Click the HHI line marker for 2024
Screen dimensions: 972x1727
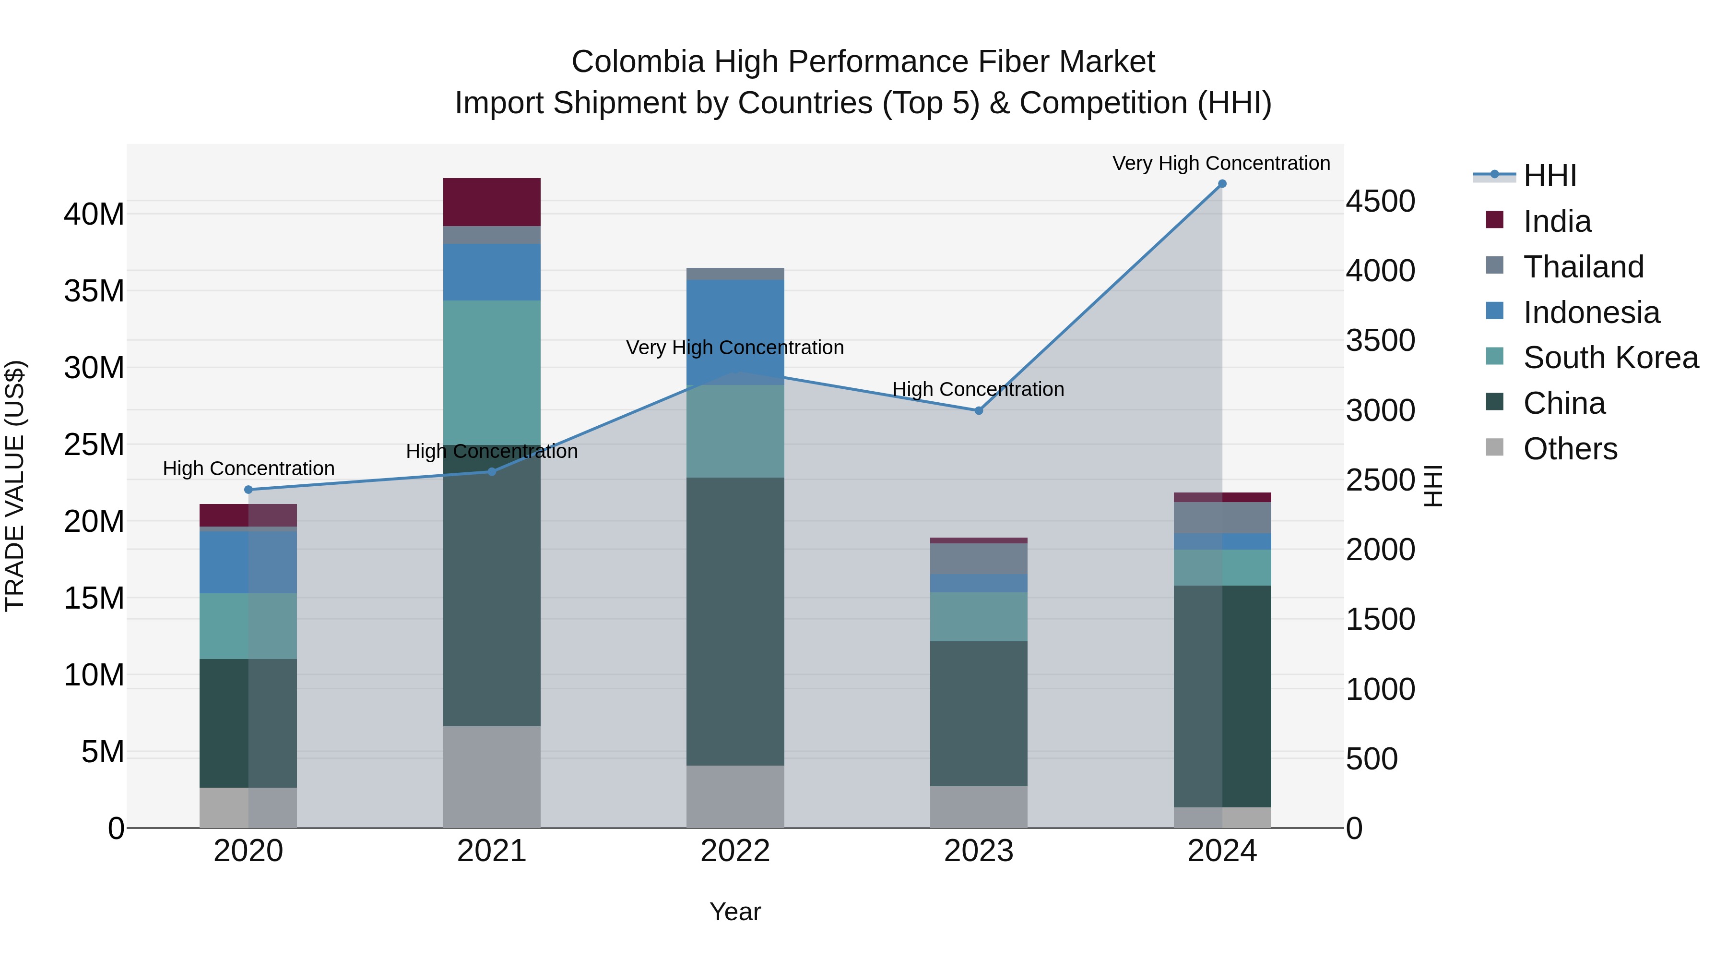click(1221, 184)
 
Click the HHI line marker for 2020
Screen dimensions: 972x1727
click(248, 490)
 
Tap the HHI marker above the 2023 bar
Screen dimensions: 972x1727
click(978, 410)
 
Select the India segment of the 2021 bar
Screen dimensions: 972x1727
click(491, 202)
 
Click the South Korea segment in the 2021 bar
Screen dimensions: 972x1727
click(491, 372)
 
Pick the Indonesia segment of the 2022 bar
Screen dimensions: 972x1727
click(735, 332)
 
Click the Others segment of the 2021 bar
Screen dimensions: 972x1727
click(491, 777)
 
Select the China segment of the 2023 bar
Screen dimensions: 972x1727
click(978, 713)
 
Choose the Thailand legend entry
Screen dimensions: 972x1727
click(1583, 267)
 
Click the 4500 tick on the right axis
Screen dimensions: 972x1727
click(1380, 201)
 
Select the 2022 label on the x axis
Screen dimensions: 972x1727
click(735, 851)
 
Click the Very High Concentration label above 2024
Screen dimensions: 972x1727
click(1221, 163)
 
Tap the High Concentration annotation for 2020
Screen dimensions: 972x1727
click(248, 468)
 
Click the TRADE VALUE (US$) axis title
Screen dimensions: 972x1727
click(15, 486)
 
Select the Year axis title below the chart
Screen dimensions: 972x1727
click(735, 912)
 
